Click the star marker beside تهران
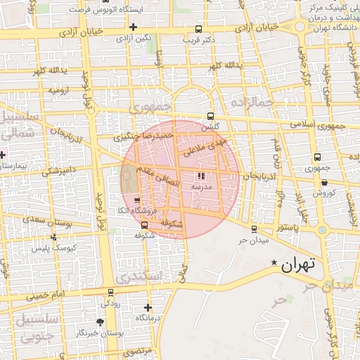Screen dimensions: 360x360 click(274, 263)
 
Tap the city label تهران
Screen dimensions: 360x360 click(300, 265)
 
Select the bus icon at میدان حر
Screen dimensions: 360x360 click(254, 229)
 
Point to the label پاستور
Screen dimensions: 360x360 click(286, 229)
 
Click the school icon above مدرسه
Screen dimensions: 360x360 click(201, 176)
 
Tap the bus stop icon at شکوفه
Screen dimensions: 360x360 click(145, 225)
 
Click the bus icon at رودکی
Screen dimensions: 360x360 click(110, 292)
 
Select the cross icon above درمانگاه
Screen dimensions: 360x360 click(148, 307)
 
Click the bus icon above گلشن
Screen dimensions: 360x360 click(210, 117)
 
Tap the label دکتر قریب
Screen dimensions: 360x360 click(198, 39)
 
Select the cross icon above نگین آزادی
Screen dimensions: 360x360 click(133, 26)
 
